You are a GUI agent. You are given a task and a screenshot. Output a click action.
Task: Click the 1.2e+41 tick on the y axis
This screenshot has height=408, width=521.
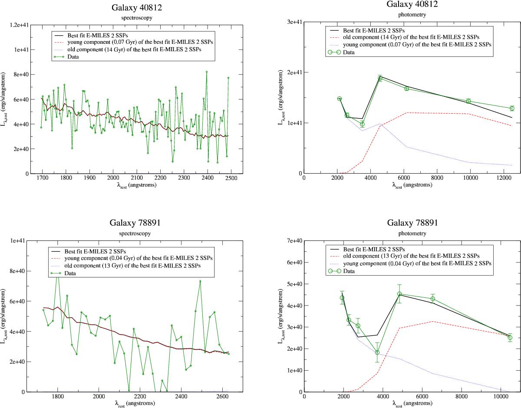(16, 25)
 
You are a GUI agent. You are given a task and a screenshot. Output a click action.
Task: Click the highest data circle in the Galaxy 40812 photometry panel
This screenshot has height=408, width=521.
(380, 79)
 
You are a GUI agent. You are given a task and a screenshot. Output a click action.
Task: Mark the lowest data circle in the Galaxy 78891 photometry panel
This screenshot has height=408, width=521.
(377, 352)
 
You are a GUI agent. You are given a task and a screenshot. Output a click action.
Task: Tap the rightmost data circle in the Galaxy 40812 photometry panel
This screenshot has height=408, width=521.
(512, 108)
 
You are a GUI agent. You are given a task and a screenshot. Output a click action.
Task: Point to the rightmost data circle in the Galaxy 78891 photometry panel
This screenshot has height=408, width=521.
(510, 337)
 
